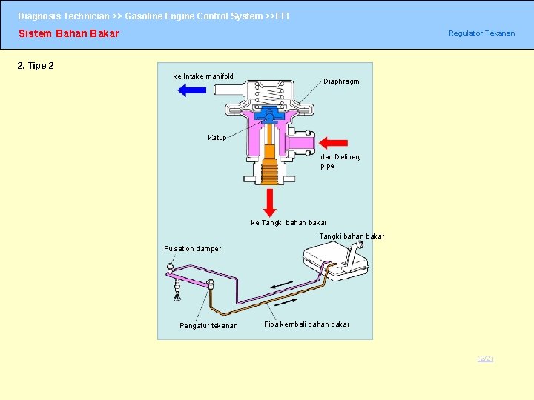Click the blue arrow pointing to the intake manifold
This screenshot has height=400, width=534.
tap(192, 90)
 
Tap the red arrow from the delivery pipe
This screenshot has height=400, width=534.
tap(334, 142)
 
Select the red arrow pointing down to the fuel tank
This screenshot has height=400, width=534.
tap(270, 201)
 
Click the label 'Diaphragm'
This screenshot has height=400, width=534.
tap(341, 81)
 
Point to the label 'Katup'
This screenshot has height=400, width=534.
tap(217, 138)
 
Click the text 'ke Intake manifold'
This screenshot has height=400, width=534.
tap(203, 76)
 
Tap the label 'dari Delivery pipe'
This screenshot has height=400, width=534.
tap(340, 161)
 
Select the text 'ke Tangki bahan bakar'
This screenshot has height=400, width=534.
tap(289, 222)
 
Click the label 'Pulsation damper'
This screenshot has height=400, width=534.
tap(192, 249)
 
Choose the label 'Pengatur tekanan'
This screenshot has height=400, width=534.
tap(208, 326)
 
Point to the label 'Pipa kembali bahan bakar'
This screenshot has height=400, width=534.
tap(307, 324)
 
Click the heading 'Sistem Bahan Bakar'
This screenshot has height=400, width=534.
tap(68, 33)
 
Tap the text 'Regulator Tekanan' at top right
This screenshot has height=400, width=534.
tap(481, 33)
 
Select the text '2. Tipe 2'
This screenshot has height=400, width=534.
tap(36, 66)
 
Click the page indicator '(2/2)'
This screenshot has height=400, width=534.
tap(485, 359)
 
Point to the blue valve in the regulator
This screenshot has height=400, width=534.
tap(268, 115)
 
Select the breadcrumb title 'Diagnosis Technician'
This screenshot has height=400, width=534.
tap(62, 16)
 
